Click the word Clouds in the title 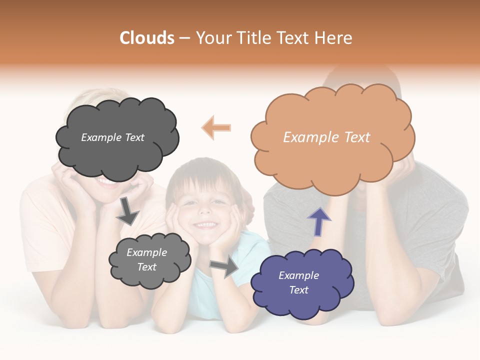point(146,38)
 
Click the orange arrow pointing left point(216,127)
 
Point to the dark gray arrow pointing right point(225,267)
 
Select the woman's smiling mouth point(107,181)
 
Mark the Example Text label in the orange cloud point(326,137)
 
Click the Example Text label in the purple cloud point(299,282)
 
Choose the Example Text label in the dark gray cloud point(112,137)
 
